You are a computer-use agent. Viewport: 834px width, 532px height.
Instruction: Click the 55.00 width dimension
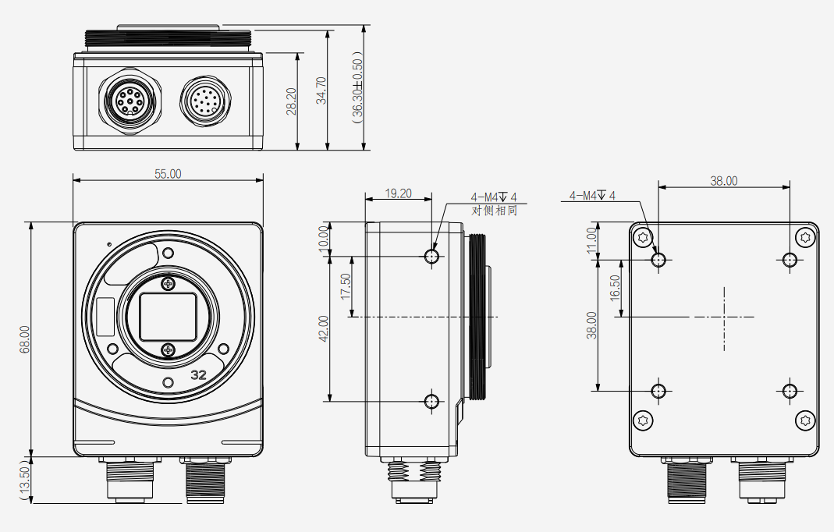point(167,174)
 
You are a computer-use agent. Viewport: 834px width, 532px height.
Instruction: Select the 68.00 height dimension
point(24,339)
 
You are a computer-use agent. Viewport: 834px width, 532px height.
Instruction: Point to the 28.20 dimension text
point(291,101)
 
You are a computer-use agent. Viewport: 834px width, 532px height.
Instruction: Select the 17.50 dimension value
point(346,286)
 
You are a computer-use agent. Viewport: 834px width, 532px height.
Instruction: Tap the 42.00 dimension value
point(324,328)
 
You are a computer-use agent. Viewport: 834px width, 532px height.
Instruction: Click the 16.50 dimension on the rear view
point(615,288)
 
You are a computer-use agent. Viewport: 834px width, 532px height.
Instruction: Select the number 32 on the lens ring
point(198,374)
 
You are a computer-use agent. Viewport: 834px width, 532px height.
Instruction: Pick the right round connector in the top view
point(208,101)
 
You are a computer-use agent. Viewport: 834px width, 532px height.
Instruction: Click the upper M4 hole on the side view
point(431,256)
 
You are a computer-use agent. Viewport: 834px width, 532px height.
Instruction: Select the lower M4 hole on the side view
point(431,401)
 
